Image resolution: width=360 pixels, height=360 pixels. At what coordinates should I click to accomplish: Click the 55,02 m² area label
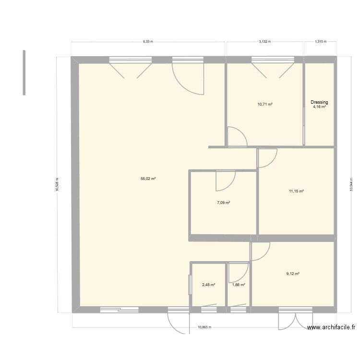point(148,179)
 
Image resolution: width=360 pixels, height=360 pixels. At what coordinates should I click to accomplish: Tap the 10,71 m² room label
point(265,104)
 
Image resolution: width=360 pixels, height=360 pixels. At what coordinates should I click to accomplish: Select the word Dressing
point(319,102)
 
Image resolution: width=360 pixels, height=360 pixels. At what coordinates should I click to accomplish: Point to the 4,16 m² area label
point(320,107)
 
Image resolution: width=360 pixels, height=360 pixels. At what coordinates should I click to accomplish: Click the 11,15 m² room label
point(296,191)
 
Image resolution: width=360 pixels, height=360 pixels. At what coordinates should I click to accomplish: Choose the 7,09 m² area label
point(224,203)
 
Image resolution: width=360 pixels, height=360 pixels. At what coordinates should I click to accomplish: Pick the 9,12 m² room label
point(293,274)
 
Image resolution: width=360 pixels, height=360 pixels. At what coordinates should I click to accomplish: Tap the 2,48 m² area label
point(208,285)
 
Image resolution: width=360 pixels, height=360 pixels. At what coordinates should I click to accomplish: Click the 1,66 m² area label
point(239,285)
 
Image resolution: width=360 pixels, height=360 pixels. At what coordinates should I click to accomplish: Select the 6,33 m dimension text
point(148,42)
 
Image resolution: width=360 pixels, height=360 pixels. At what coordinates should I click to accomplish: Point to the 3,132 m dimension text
point(265,42)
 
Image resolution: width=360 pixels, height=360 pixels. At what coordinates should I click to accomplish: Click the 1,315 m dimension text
point(320,42)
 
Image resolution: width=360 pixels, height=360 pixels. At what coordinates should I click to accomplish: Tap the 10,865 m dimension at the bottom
point(204,327)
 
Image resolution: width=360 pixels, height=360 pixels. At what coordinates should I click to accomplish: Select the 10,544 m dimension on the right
point(352,184)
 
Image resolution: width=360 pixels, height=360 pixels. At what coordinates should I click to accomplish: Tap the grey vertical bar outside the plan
point(24,72)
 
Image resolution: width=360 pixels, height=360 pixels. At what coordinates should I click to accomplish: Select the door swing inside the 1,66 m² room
point(237,274)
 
